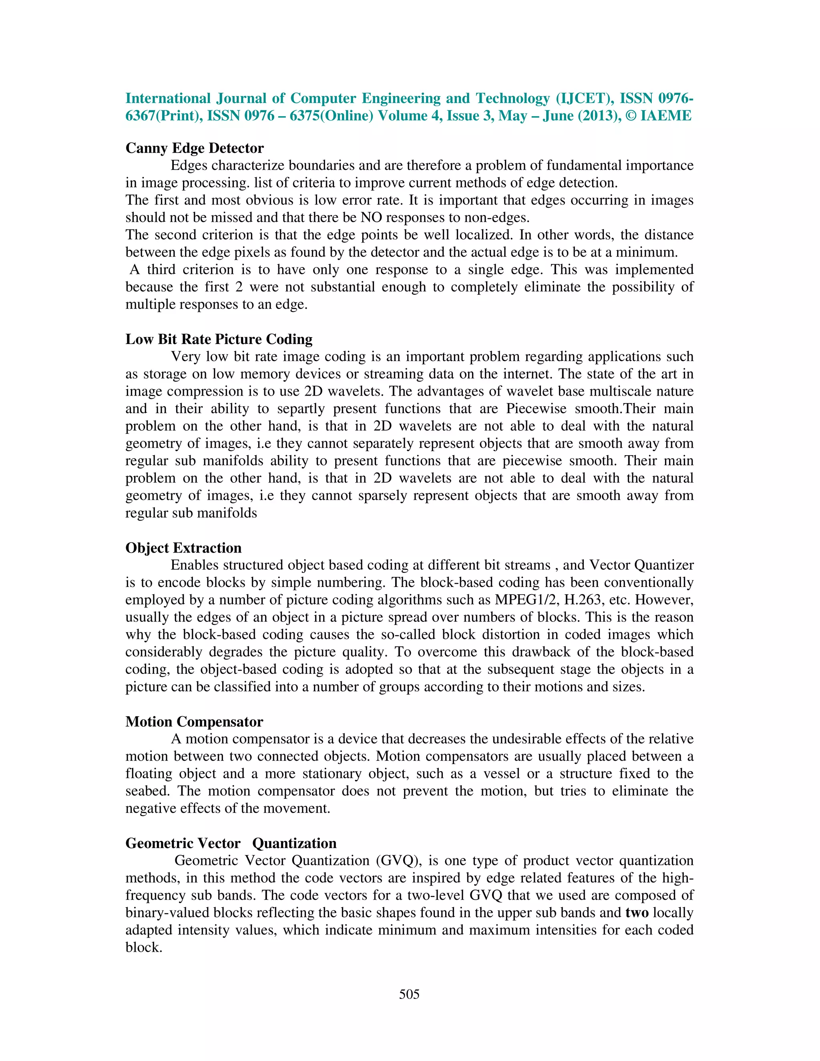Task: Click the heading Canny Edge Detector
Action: pos(194,148)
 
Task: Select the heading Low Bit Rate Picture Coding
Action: pos(219,339)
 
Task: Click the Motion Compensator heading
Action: pos(194,721)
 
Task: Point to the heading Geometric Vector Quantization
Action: pos(231,843)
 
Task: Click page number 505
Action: pos(409,994)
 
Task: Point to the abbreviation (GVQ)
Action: pos(398,860)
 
